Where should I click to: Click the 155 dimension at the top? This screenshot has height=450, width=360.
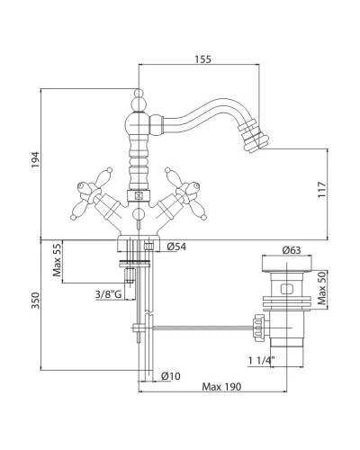pyautogui.click(x=203, y=59)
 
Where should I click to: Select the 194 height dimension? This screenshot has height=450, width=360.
pyautogui.click(x=35, y=160)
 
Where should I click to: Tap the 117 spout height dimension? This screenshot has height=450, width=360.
pyautogui.click(x=321, y=189)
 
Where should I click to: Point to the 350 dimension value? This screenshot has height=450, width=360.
pyautogui.click(x=35, y=301)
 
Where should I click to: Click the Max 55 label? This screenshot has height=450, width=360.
pyautogui.click(x=57, y=260)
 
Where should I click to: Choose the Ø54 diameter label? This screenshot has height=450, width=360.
pyautogui.click(x=176, y=247)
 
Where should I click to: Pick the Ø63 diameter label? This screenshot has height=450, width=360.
pyautogui.click(x=291, y=249)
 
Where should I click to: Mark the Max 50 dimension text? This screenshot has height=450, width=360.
pyautogui.click(x=321, y=289)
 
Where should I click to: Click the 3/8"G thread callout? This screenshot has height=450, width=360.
pyautogui.click(x=108, y=294)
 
